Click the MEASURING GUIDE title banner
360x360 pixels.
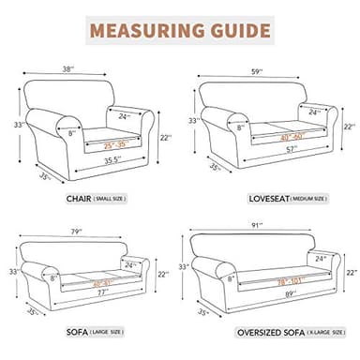pyautogui.click(x=179, y=30)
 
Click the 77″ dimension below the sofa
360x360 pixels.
pyautogui.click(x=90, y=293)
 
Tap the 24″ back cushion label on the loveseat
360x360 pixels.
pyautogui.click(x=314, y=112)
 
